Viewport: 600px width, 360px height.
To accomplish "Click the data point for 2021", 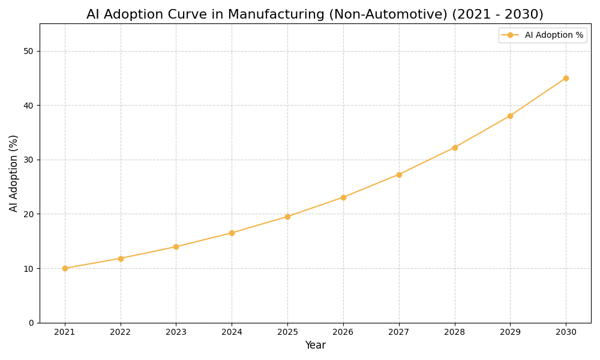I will click(x=65, y=268).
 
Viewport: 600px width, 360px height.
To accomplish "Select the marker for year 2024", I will click(x=232, y=233).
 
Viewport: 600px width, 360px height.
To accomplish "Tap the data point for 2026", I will click(x=343, y=197).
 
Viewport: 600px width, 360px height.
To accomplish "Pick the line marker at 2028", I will click(x=455, y=148).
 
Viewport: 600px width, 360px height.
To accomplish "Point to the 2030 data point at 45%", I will click(x=566, y=78).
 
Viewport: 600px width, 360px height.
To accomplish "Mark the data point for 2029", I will click(x=510, y=116).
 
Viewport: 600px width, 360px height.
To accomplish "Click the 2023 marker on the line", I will click(x=176, y=247).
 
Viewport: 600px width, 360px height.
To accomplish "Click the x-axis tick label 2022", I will click(x=121, y=332).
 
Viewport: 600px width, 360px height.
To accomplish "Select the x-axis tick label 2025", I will click(x=287, y=332).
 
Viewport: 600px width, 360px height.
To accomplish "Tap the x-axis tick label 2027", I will click(x=399, y=332).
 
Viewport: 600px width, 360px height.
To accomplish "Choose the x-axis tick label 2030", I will click(x=566, y=332).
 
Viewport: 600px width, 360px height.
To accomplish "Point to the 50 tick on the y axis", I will click(x=28, y=51).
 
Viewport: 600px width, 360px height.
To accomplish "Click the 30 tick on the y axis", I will click(x=28, y=160).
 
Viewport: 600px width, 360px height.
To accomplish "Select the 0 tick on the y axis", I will click(x=31, y=323).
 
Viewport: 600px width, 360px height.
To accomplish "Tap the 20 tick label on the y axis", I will click(x=28, y=214).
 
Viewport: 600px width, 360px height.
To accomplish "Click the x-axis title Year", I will click(x=315, y=346).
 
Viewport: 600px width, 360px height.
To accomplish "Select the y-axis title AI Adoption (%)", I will click(x=14, y=173).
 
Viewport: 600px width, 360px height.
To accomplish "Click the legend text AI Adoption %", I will click(x=554, y=35).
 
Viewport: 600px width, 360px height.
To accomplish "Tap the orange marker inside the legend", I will click(x=510, y=35).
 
